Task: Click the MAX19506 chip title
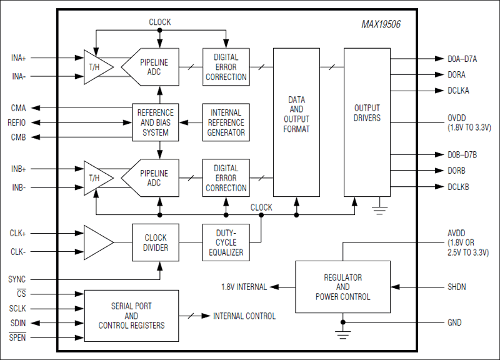pos(381,25)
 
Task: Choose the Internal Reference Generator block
pos(226,122)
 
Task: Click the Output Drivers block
pos(367,113)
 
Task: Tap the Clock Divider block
pos(156,242)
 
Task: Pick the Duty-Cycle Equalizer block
pos(226,242)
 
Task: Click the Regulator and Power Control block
pos(342,287)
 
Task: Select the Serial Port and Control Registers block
pos(131,316)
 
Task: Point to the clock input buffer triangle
pos(98,242)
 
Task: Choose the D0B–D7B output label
pos(462,154)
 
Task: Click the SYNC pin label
pos(17,279)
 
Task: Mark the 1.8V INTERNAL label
pos(244,287)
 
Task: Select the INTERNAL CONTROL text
pos(244,316)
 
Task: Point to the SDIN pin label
pos(17,322)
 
